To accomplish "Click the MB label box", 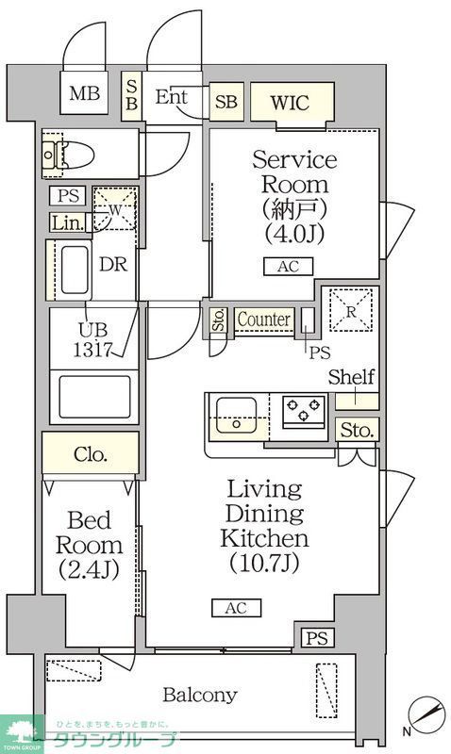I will click(x=84, y=94).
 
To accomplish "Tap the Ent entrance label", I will click(x=170, y=96).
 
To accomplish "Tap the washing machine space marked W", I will click(x=115, y=209).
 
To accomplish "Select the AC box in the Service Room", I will click(x=288, y=267).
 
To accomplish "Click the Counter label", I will click(x=263, y=320).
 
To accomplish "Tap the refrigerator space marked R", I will click(x=352, y=309).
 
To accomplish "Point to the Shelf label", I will click(x=351, y=378).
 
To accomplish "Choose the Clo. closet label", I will click(x=90, y=454).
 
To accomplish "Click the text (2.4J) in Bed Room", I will click(x=89, y=569).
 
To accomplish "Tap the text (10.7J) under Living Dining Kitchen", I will click(x=264, y=564).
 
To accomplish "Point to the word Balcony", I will click(x=199, y=696).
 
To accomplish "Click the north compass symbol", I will click(x=426, y=713).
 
